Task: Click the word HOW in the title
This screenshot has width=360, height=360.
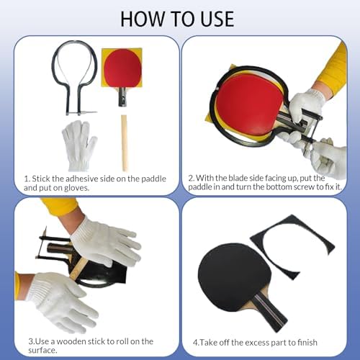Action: [143, 19]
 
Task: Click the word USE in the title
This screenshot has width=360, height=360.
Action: [217, 19]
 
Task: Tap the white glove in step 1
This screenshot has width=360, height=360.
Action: [79, 145]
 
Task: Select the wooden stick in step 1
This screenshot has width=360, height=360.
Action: [124, 143]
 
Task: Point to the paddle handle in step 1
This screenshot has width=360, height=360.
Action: [122, 96]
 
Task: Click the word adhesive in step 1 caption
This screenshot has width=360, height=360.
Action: [82, 179]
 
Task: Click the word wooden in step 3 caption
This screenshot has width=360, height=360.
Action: [71, 341]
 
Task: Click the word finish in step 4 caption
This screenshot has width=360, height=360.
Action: [307, 343]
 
